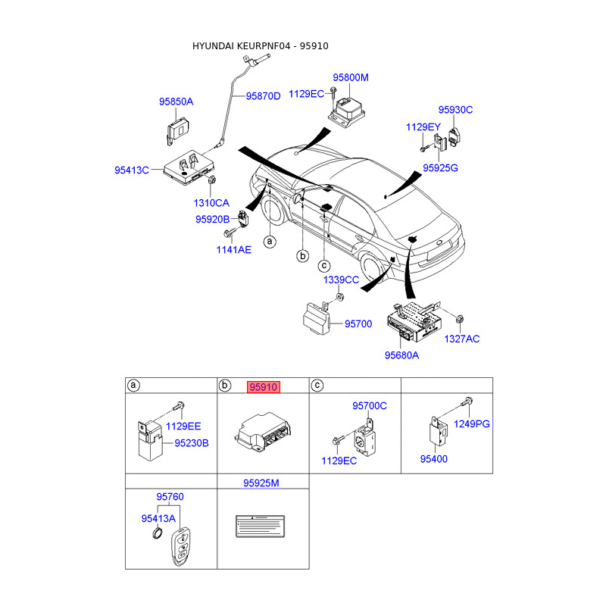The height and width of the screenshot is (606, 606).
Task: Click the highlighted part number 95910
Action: click(263, 386)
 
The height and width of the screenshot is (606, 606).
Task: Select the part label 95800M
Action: click(351, 77)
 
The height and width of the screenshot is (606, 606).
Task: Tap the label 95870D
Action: click(263, 96)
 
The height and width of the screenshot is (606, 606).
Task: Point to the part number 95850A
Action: click(176, 102)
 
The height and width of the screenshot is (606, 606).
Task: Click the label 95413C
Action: click(132, 170)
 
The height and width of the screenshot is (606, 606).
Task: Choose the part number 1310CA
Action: click(211, 203)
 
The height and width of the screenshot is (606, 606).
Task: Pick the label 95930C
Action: click(455, 110)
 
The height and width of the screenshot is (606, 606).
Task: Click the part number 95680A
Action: click(401, 354)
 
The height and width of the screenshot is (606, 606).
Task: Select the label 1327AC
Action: click(462, 339)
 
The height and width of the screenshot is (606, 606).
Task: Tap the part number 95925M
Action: click(261, 483)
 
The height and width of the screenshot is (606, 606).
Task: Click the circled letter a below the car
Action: click(269, 242)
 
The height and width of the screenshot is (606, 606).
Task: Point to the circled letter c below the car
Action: click(323, 264)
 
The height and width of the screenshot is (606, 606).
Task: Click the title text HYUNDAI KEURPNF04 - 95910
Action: click(260, 46)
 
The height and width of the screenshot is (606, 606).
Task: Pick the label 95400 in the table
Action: click(435, 459)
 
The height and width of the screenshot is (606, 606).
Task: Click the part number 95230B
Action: click(192, 442)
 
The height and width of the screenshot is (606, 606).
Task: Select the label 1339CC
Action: click(341, 280)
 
